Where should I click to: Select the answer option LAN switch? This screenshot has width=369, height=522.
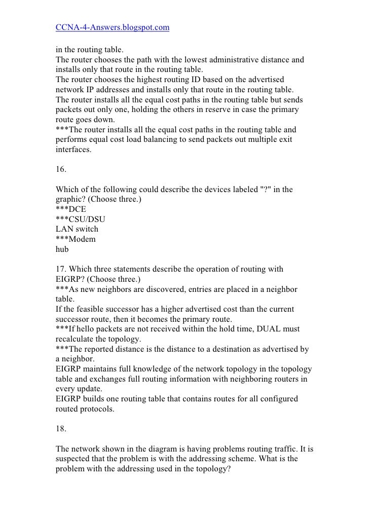pyautogui.click(x=77, y=229)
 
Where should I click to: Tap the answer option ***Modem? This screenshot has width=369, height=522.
pyautogui.click(x=75, y=239)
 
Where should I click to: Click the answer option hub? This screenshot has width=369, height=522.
pyautogui.click(x=61, y=249)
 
